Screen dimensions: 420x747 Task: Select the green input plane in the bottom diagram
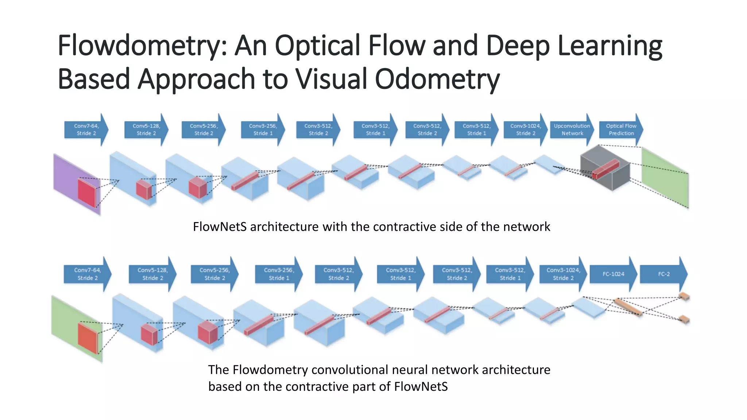[x=64, y=321]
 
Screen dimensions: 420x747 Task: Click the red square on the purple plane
[x=87, y=192]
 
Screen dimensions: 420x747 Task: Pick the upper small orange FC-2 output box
[x=684, y=296]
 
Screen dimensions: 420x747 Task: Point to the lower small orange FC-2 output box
[x=684, y=319]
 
